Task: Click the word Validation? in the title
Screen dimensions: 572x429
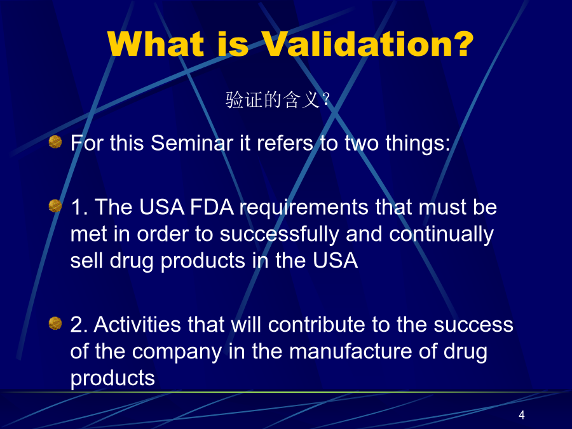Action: [368, 44]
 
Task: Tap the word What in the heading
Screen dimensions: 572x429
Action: [156, 44]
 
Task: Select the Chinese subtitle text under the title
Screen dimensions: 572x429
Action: [278, 100]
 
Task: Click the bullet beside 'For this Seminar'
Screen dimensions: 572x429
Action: [55, 142]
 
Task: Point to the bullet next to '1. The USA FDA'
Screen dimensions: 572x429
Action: [55, 206]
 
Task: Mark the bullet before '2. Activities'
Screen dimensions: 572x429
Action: [55, 323]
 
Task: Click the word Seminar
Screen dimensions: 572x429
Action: [192, 142]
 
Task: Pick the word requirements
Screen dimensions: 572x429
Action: [304, 208]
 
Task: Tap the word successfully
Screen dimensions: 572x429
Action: [279, 235]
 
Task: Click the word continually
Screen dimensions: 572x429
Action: [442, 235]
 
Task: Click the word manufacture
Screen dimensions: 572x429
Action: [351, 351]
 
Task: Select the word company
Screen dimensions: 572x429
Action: [177, 352]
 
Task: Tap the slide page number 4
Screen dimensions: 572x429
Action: [522, 415]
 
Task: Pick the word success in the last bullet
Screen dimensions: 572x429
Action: [473, 325]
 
